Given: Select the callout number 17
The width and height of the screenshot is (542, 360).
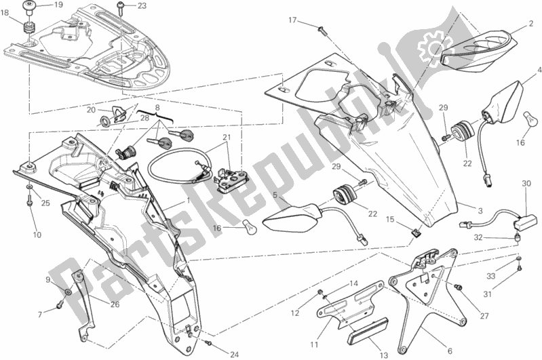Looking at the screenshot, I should pyautogui.click(x=293, y=20).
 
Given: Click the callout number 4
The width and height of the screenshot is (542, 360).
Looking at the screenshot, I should pyautogui.click(x=539, y=71).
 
